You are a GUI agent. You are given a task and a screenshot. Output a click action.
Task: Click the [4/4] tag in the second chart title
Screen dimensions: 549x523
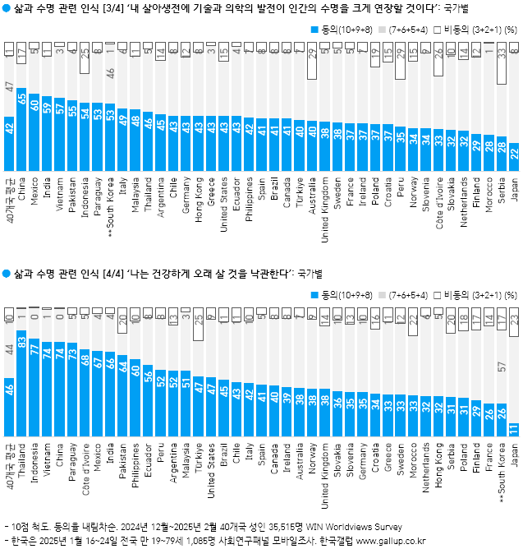coord(108,272)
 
